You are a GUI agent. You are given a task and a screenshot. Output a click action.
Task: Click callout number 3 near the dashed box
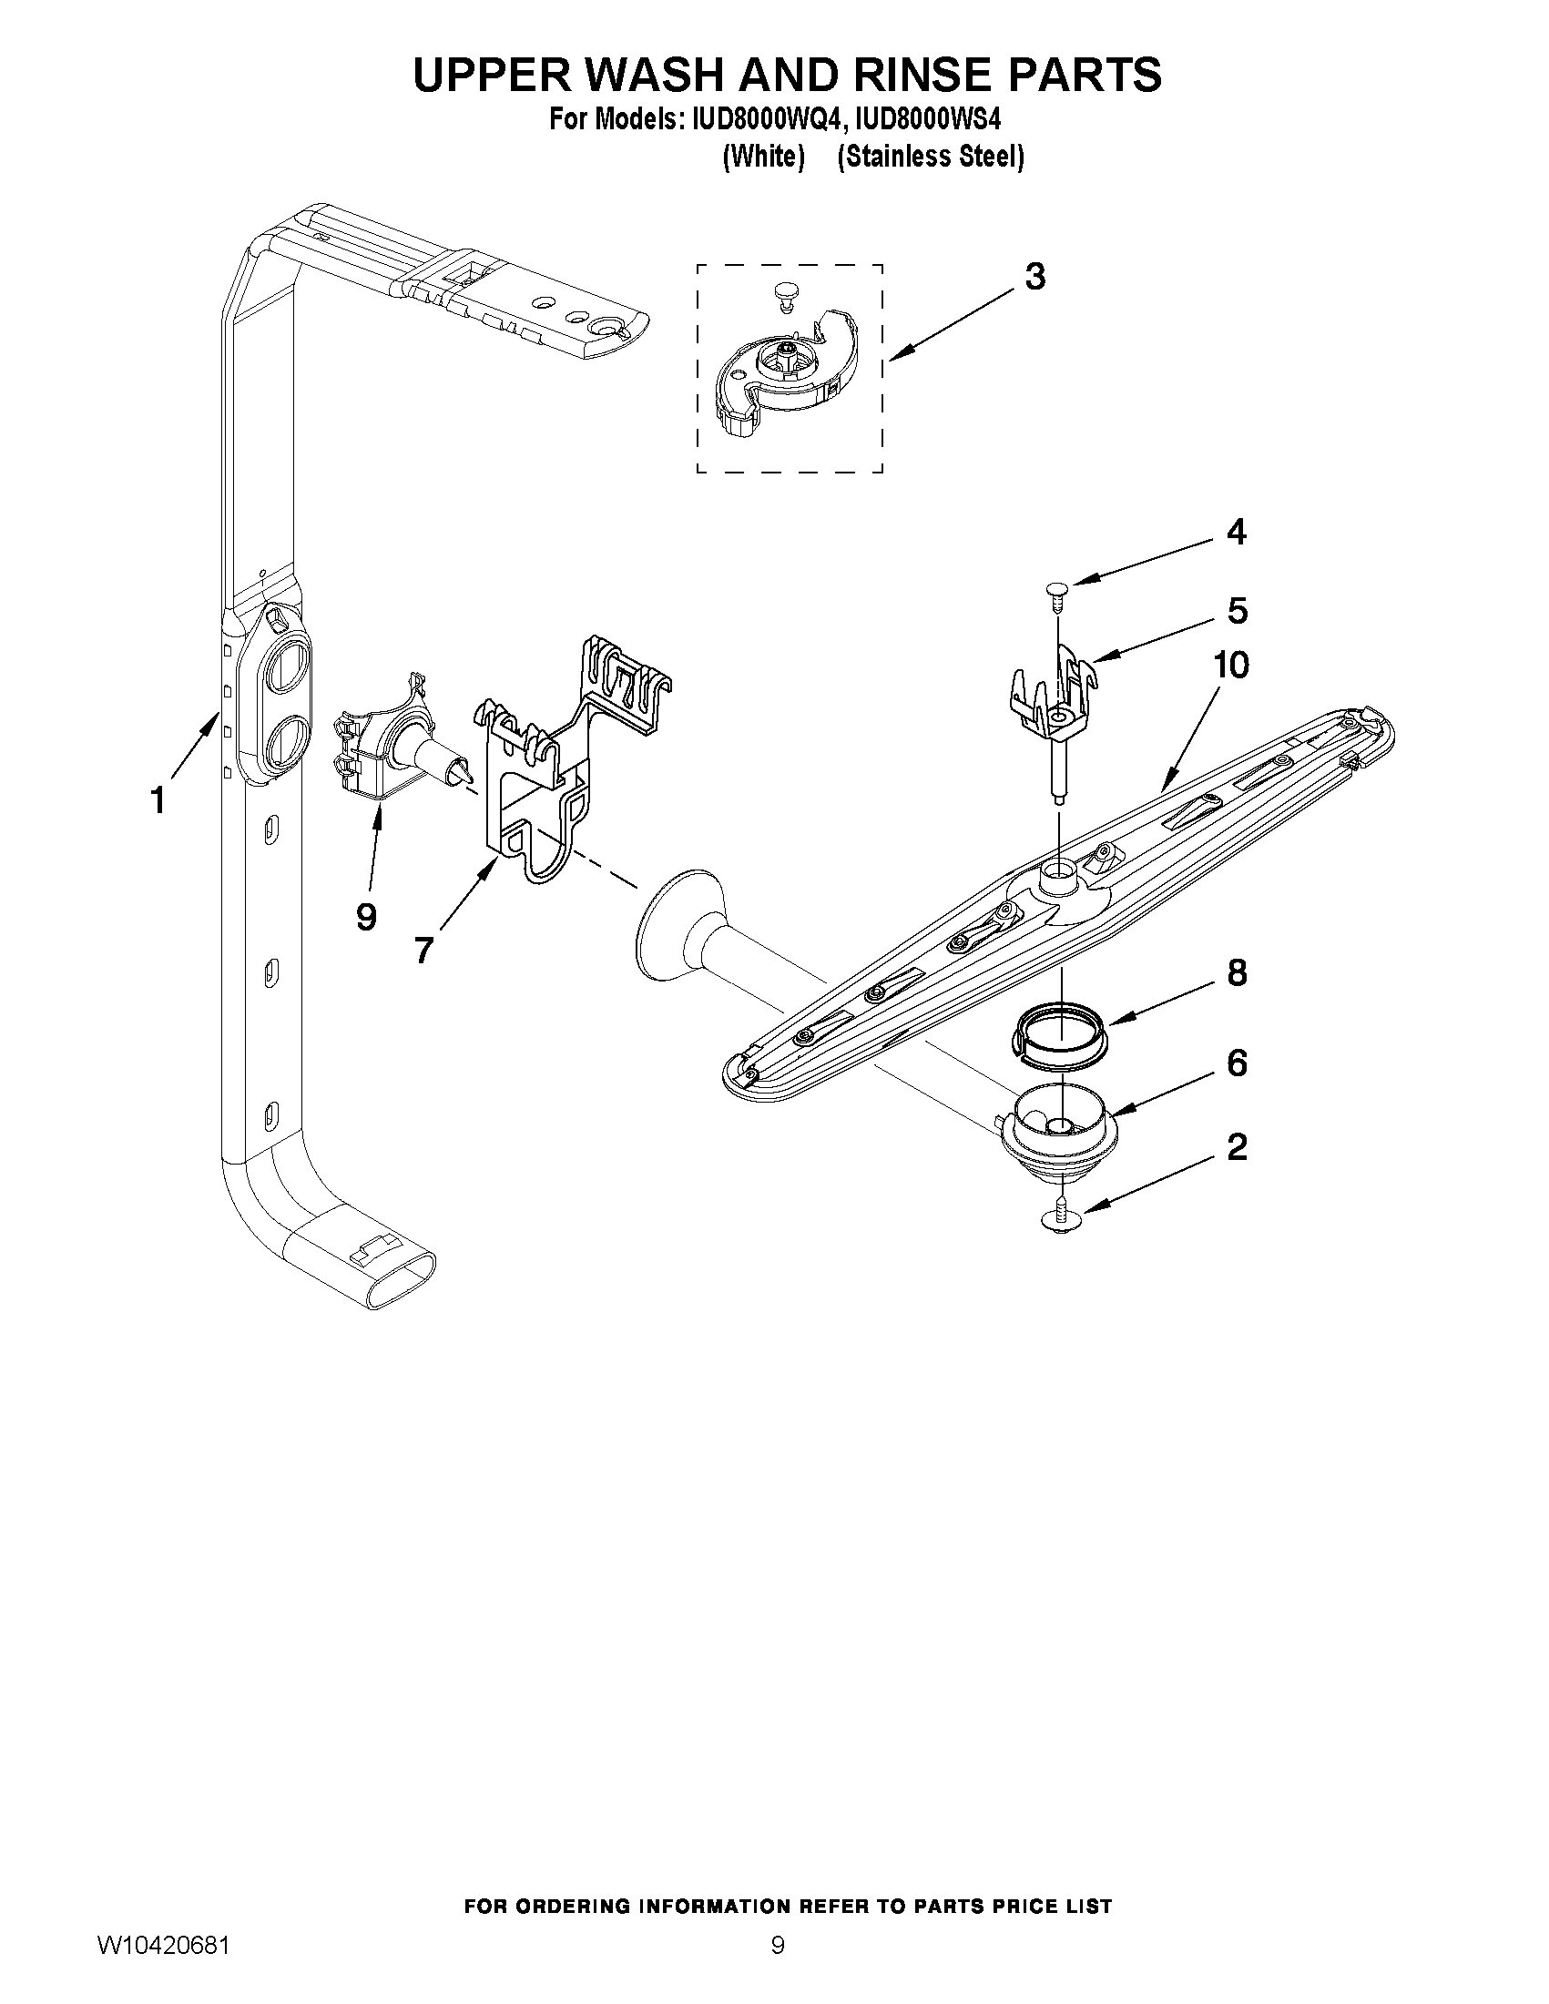pos(1034,276)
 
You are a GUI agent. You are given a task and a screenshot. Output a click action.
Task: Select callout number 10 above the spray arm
pos(1230,666)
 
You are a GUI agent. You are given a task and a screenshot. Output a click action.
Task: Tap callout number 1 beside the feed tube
pos(158,800)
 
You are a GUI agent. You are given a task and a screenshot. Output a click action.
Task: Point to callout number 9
pos(366,916)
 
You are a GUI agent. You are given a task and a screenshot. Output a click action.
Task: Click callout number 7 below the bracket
pos(423,951)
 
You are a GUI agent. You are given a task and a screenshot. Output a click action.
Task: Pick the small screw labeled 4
pos(1057,587)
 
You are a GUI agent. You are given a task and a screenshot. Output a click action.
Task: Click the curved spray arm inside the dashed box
pos(788,376)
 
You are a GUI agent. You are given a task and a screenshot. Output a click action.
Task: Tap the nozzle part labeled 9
pos(394,748)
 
